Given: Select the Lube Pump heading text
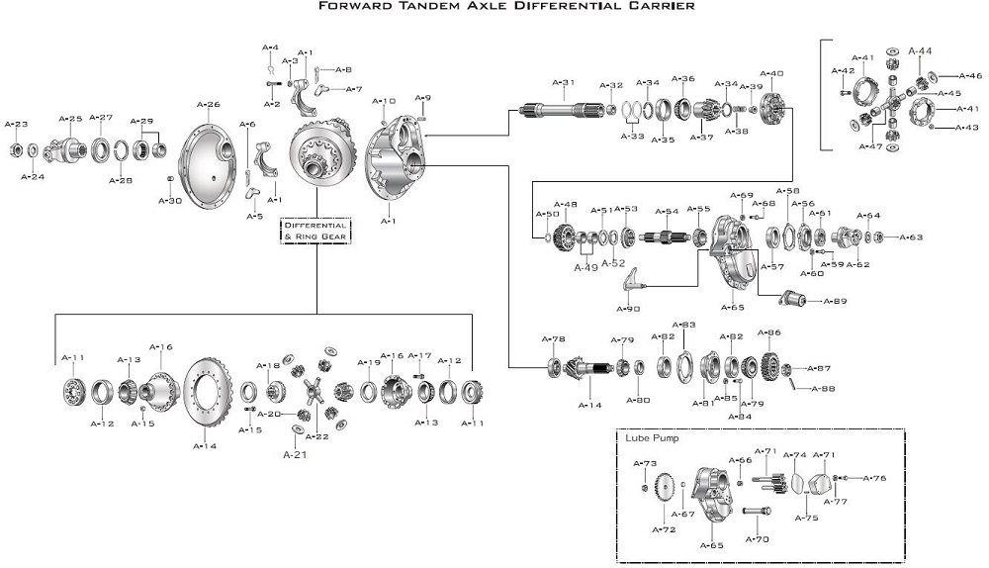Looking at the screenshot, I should click(x=652, y=436).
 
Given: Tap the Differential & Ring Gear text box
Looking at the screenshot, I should click(x=315, y=231).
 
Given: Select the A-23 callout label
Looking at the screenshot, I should click(x=17, y=125).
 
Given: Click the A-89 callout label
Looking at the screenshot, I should click(x=834, y=301).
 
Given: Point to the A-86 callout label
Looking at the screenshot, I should click(x=769, y=332).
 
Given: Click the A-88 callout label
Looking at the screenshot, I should click(x=823, y=389).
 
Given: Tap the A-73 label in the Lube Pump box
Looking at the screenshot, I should click(x=645, y=463).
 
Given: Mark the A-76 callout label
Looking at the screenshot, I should click(x=873, y=479).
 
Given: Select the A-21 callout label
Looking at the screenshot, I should click(x=296, y=455).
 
